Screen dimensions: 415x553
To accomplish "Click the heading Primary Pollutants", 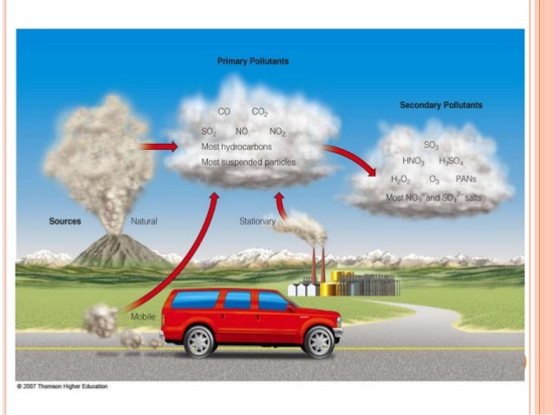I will tap(252, 62).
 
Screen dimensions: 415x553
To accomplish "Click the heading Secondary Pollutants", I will tap(441, 105).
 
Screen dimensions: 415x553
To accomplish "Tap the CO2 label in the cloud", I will tap(260, 112).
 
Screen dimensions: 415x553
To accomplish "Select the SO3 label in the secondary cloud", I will tap(431, 145).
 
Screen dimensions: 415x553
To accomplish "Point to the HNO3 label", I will tap(413, 161).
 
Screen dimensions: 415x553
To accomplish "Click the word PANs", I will tap(466, 179).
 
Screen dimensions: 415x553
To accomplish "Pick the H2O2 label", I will tap(400, 179).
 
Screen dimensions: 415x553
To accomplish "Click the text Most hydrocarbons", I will tap(235, 147).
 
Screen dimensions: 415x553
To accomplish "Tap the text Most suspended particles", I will tap(248, 162).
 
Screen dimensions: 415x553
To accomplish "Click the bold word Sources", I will tap(65, 222).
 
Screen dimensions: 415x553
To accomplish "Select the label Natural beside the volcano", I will tap(144, 222).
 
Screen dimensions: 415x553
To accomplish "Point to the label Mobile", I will tap(142, 317).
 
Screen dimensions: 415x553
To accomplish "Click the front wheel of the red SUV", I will tap(317, 340).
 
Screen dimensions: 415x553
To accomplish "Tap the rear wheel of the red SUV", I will tap(199, 340).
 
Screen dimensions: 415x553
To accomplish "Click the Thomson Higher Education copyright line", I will tap(62, 386).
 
